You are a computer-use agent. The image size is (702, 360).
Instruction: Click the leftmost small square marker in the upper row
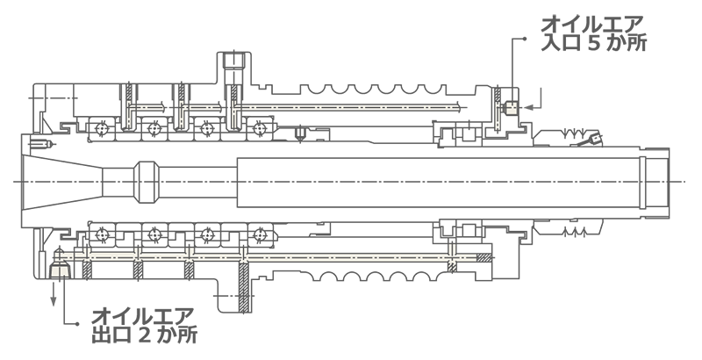click(102, 128)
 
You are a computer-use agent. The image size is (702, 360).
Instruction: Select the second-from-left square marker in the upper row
click(154, 128)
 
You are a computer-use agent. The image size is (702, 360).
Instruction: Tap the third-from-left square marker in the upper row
click(207, 128)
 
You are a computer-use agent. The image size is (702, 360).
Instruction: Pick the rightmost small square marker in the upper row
click(260, 128)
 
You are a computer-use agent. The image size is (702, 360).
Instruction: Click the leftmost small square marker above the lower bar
click(102, 235)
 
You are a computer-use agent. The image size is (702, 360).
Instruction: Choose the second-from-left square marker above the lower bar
click(154, 235)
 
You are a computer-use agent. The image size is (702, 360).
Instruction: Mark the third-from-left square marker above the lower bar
click(207, 235)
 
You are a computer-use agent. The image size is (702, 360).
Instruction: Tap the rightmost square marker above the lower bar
click(260, 235)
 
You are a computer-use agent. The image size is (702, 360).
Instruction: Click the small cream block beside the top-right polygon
click(511, 108)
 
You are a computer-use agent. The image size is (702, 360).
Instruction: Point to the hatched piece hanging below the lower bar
click(453, 267)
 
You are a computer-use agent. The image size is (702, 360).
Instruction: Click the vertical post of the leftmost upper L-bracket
click(128, 115)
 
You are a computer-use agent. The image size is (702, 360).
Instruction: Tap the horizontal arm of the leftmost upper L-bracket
click(148, 107)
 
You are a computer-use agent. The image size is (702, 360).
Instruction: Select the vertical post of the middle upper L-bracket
click(181, 115)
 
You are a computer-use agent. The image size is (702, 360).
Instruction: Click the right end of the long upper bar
click(456, 108)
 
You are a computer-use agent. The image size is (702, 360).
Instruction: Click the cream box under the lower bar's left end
click(60, 270)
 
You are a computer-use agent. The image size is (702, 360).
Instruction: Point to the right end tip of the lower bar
click(475, 257)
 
